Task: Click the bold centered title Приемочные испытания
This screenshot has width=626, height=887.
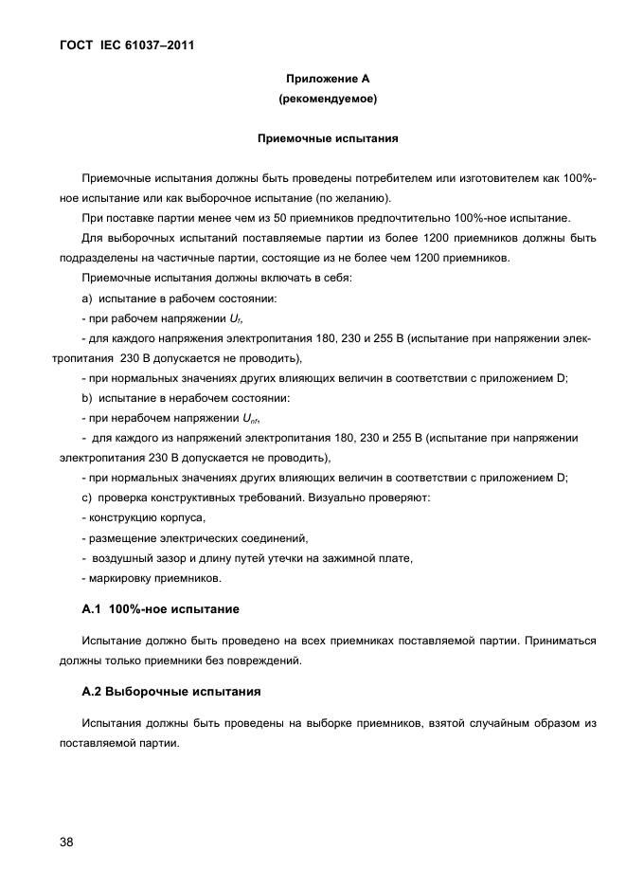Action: click(x=328, y=138)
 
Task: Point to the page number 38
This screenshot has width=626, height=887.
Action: click(x=67, y=842)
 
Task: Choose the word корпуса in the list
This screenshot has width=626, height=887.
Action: click(x=182, y=517)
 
